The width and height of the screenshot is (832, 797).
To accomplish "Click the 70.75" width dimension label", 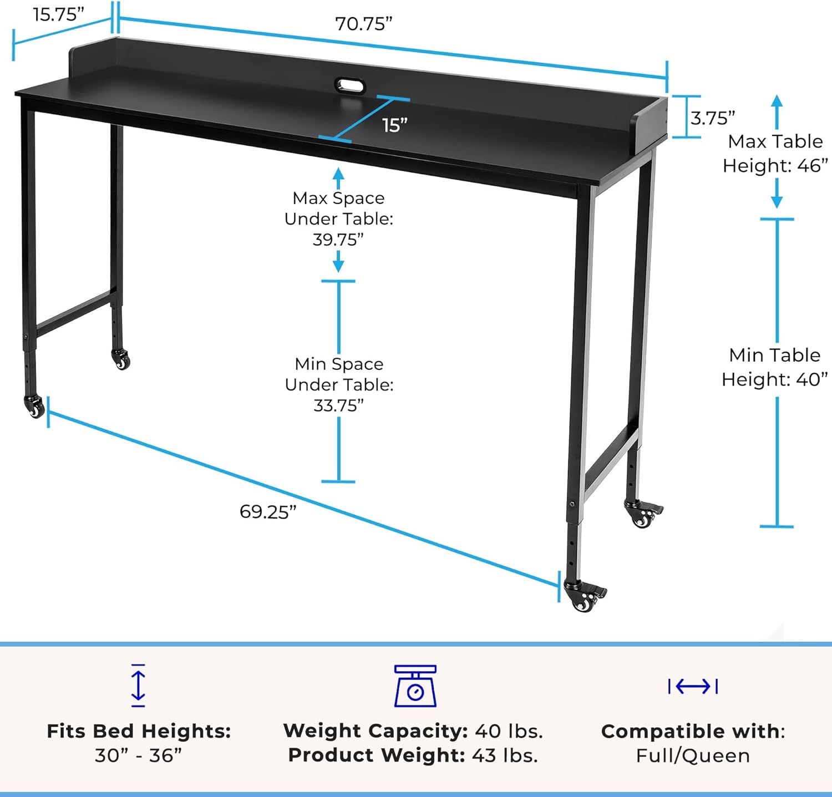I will click(363, 24).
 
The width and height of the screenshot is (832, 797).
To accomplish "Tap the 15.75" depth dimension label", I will click(58, 14).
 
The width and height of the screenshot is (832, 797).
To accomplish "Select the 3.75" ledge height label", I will click(713, 118).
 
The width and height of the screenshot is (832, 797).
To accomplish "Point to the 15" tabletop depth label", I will click(395, 126).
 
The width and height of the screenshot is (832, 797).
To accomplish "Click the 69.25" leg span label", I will click(268, 511).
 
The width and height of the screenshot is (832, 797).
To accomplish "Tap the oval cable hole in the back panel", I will click(350, 87).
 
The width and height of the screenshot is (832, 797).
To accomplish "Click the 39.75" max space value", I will click(338, 240).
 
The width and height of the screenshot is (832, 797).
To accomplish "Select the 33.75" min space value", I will click(338, 405).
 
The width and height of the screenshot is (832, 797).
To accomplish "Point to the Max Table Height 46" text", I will click(775, 154).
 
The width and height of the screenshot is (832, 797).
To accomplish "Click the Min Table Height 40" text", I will click(775, 367).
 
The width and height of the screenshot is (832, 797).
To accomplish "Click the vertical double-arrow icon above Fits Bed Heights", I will click(138, 686).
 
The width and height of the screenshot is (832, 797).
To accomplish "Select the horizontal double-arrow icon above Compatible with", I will click(693, 687).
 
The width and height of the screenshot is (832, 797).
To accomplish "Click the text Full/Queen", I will click(693, 755).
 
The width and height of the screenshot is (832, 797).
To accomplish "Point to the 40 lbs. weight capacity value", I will click(509, 731).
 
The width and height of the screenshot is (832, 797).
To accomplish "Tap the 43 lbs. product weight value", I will click(505, 755).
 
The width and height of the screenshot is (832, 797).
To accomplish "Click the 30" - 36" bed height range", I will click(138, 755).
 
